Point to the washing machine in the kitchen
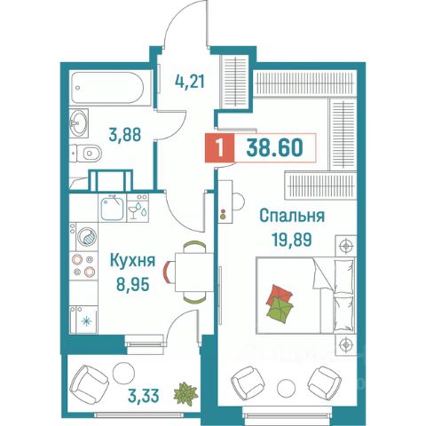[x=87, y=237]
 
